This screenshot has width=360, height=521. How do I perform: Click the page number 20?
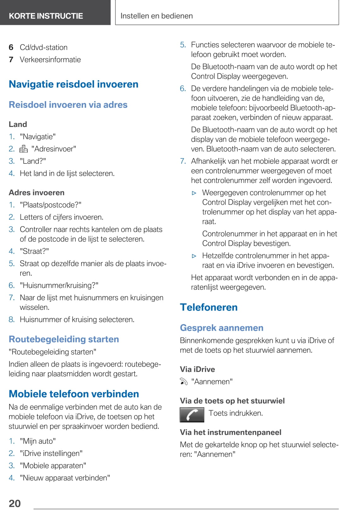pos(15,503)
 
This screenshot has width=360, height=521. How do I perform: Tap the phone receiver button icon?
pos(192,415)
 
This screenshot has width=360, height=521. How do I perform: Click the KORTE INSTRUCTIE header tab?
pos(46,16)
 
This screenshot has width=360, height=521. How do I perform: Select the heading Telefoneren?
pos(209,307)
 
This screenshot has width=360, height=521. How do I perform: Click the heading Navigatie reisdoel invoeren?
pos(73,84)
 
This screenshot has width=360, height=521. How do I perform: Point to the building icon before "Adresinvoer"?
pos(24,149)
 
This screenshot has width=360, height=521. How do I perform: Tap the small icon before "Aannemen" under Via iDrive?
pos(184,381)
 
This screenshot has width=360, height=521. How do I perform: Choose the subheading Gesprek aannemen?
pos(221,328)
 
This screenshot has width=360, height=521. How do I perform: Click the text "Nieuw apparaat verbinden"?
pos(65,478)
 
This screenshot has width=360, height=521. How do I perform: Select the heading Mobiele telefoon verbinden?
pos(74,394)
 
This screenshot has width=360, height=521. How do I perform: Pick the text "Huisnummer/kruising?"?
pos(59,285)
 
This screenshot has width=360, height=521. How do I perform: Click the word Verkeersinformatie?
pos(50,60)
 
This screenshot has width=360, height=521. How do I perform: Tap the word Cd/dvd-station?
pos(44,47)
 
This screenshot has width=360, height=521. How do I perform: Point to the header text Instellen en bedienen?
pos(156,16)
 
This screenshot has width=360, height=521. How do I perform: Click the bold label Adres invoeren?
pos(37,192)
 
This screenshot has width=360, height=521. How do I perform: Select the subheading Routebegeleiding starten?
pos(64,339)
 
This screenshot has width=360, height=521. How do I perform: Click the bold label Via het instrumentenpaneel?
pos(230,432)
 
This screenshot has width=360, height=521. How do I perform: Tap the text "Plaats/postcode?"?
pos(51,205)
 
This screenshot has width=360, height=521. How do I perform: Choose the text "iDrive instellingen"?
pos(51,453)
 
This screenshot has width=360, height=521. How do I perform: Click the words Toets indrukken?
pos(235,413)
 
